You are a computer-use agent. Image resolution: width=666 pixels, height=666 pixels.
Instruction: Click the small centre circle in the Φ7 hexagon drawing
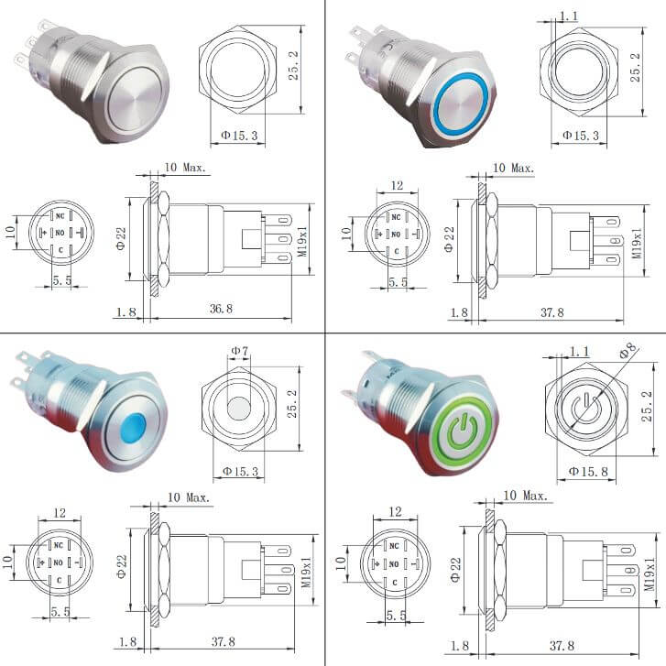[x=238, y=407]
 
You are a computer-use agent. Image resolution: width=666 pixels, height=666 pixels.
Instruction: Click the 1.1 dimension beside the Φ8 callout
[x=579, y=352]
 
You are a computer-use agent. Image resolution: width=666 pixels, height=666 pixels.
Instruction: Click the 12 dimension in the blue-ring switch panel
[x=396, y=186]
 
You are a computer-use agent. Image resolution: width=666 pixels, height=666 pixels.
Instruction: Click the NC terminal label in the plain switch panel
[x=60, y=214]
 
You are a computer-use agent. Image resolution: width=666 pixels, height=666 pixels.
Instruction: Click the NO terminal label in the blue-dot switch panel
[x=60, y=562]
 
